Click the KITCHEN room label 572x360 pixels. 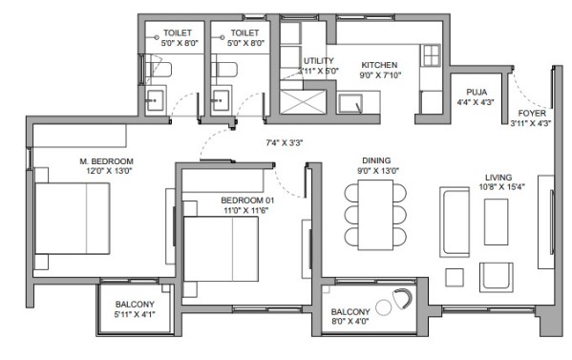click(379, 65)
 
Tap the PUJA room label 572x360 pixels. click(477, 92)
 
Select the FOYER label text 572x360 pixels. click(532, 113)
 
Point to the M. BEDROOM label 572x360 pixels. click(107, 161)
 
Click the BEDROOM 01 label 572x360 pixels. click(247, 201)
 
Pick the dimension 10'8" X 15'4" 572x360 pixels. click(498, 187)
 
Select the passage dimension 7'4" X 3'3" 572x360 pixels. click(285, 142)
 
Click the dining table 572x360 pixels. click(375, 215)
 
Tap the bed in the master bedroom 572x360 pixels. click(73, 219)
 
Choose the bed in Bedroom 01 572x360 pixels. click(222, 249)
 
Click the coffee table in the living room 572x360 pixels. click(497, 222)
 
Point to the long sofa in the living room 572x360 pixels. click(455, 222)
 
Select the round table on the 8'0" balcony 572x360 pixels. click(383, 307)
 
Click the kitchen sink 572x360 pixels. click(350, 103)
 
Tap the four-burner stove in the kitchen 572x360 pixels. click(432, 55)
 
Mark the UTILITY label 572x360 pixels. click(318, 60)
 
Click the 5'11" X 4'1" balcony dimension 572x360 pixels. click(135, 314)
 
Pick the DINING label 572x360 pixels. click(376, 160)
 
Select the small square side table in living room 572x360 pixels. click(455, 278)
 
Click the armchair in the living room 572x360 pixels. click(497, 277)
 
